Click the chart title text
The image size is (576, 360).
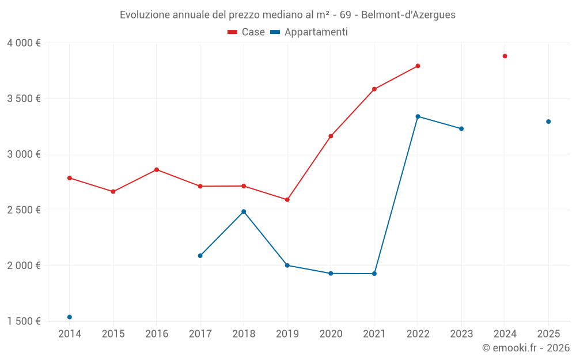point(287,15)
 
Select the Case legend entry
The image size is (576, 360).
point(247,32)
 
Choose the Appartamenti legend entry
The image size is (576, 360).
point(309,32)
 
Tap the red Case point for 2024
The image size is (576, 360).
point(505,56)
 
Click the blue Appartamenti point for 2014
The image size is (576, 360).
point(70,317)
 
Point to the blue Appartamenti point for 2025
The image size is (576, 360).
point(548,122)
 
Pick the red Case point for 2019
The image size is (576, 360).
point(287,200)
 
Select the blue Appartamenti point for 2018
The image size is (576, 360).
point(244,211)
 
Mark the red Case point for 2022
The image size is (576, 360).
point(418,66)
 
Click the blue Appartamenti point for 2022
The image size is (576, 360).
point(418,116)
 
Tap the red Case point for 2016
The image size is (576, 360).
point(157,170)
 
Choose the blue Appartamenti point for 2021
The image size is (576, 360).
point(374,274)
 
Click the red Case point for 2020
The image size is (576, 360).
point(331,137)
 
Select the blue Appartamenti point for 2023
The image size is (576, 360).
point(461,128)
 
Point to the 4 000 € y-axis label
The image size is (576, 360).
point(24,43)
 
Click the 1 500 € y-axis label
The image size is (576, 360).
point(24,321)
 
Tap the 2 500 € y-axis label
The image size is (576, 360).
point(24,210)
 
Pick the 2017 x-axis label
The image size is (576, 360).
point(200,334)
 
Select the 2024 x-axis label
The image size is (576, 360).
point(505,334)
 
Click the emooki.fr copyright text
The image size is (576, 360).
point(526,348)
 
